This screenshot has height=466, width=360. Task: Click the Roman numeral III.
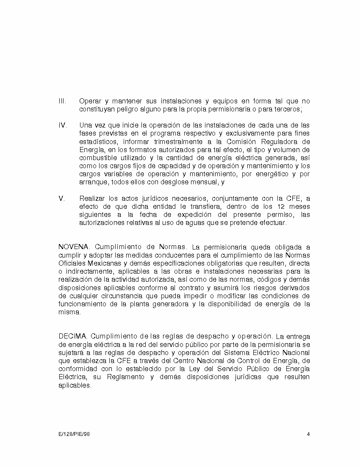point(62,101)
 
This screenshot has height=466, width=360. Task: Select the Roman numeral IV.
point(62,125)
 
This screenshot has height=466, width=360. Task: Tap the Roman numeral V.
point(61,198)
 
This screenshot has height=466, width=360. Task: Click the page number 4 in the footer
point(308,434)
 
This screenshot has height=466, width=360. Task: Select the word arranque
point(94,182)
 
